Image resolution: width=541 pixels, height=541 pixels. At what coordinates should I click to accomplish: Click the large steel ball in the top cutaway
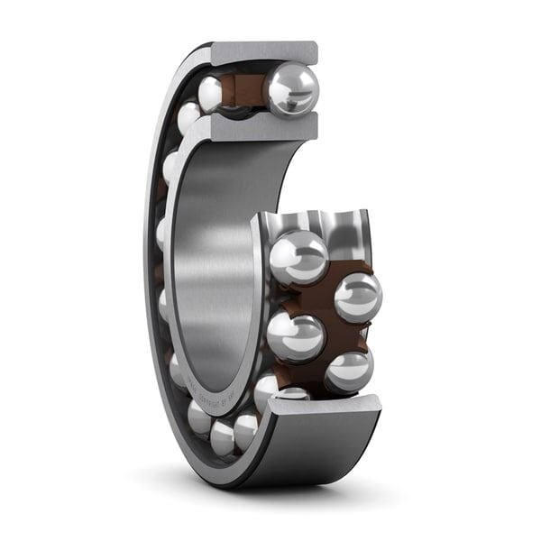point(291,89)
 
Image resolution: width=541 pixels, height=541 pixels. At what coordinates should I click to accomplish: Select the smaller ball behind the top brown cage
point(211,93)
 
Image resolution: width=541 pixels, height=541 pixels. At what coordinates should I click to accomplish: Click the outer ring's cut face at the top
point(263,53)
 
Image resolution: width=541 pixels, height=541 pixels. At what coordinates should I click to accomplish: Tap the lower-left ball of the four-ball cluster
point(295,336)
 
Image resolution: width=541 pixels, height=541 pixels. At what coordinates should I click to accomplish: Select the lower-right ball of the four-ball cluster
point(348,370)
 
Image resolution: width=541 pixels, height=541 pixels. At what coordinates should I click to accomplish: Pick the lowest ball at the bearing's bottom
point(223,437)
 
